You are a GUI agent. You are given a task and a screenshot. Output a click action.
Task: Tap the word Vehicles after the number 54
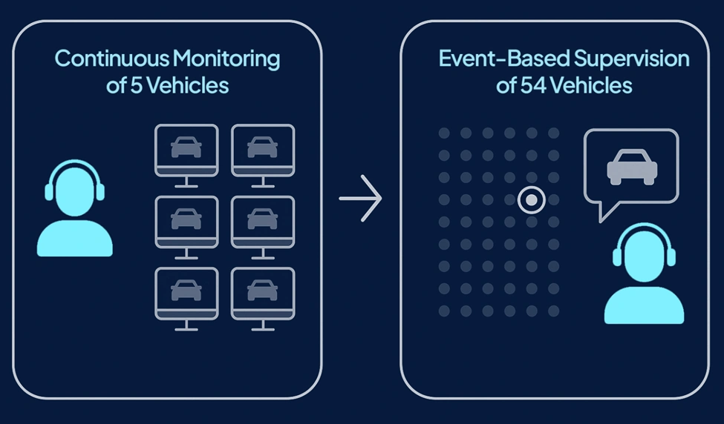point(590,85)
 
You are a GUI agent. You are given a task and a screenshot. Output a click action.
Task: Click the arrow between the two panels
point(361,199)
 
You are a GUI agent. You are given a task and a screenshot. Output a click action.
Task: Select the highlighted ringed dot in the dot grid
point(531,199)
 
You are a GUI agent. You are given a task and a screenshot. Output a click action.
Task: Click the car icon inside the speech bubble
point(630,166)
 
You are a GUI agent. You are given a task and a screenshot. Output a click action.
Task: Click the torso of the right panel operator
point(644,305)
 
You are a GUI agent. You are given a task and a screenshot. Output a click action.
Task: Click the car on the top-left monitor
point(186,147)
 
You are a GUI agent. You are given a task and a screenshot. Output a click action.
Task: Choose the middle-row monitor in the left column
point(186,221)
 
